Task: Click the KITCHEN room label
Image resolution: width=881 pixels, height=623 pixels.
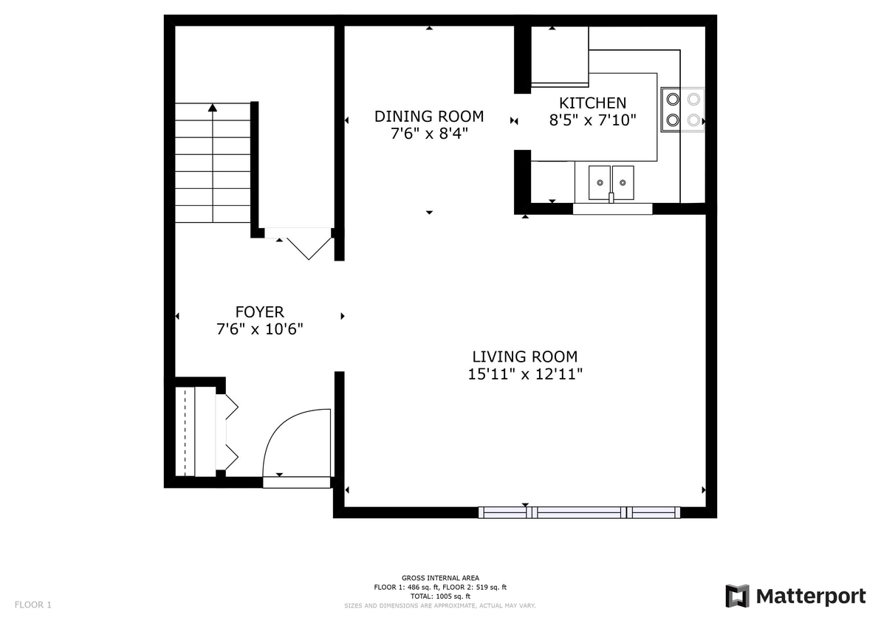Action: click(x=592, y=103)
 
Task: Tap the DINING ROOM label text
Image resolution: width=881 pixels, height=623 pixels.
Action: click(x=428, y=117)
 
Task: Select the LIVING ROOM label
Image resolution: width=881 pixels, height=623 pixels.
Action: click(x=524, y=357)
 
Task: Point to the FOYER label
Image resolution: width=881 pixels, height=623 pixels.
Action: click(x=259, y=312)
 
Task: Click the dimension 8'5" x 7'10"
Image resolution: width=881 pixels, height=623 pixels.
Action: click(x=592, y=120)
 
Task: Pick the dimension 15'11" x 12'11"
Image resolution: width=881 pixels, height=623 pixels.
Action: click(x=525, y=374)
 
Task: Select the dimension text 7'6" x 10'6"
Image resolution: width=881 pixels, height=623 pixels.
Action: click(x=259, y=329)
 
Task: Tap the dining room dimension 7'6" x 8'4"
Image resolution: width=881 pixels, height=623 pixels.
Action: click(x=428, y=134)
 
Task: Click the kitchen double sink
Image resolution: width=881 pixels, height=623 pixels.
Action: click(x=611, y=182)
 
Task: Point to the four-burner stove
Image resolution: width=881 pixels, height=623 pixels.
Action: click(x=682, y=109)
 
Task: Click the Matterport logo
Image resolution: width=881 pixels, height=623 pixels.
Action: click(x=795, y=596)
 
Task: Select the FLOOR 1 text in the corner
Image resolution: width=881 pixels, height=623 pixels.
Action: click(x=33, y=605)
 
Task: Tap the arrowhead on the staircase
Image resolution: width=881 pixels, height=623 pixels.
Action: click(x=213, y=108)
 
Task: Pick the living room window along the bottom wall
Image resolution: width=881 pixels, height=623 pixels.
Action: click(x=578, y=512)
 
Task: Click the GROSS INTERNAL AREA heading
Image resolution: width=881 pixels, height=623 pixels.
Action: click(x=440, y=578)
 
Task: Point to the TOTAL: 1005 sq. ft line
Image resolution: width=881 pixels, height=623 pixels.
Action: click(x=440, y=596)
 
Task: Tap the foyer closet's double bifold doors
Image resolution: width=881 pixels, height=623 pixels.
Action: click(x=228, y=432)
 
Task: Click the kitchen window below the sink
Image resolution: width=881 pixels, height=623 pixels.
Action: click(x=612, y=209)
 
